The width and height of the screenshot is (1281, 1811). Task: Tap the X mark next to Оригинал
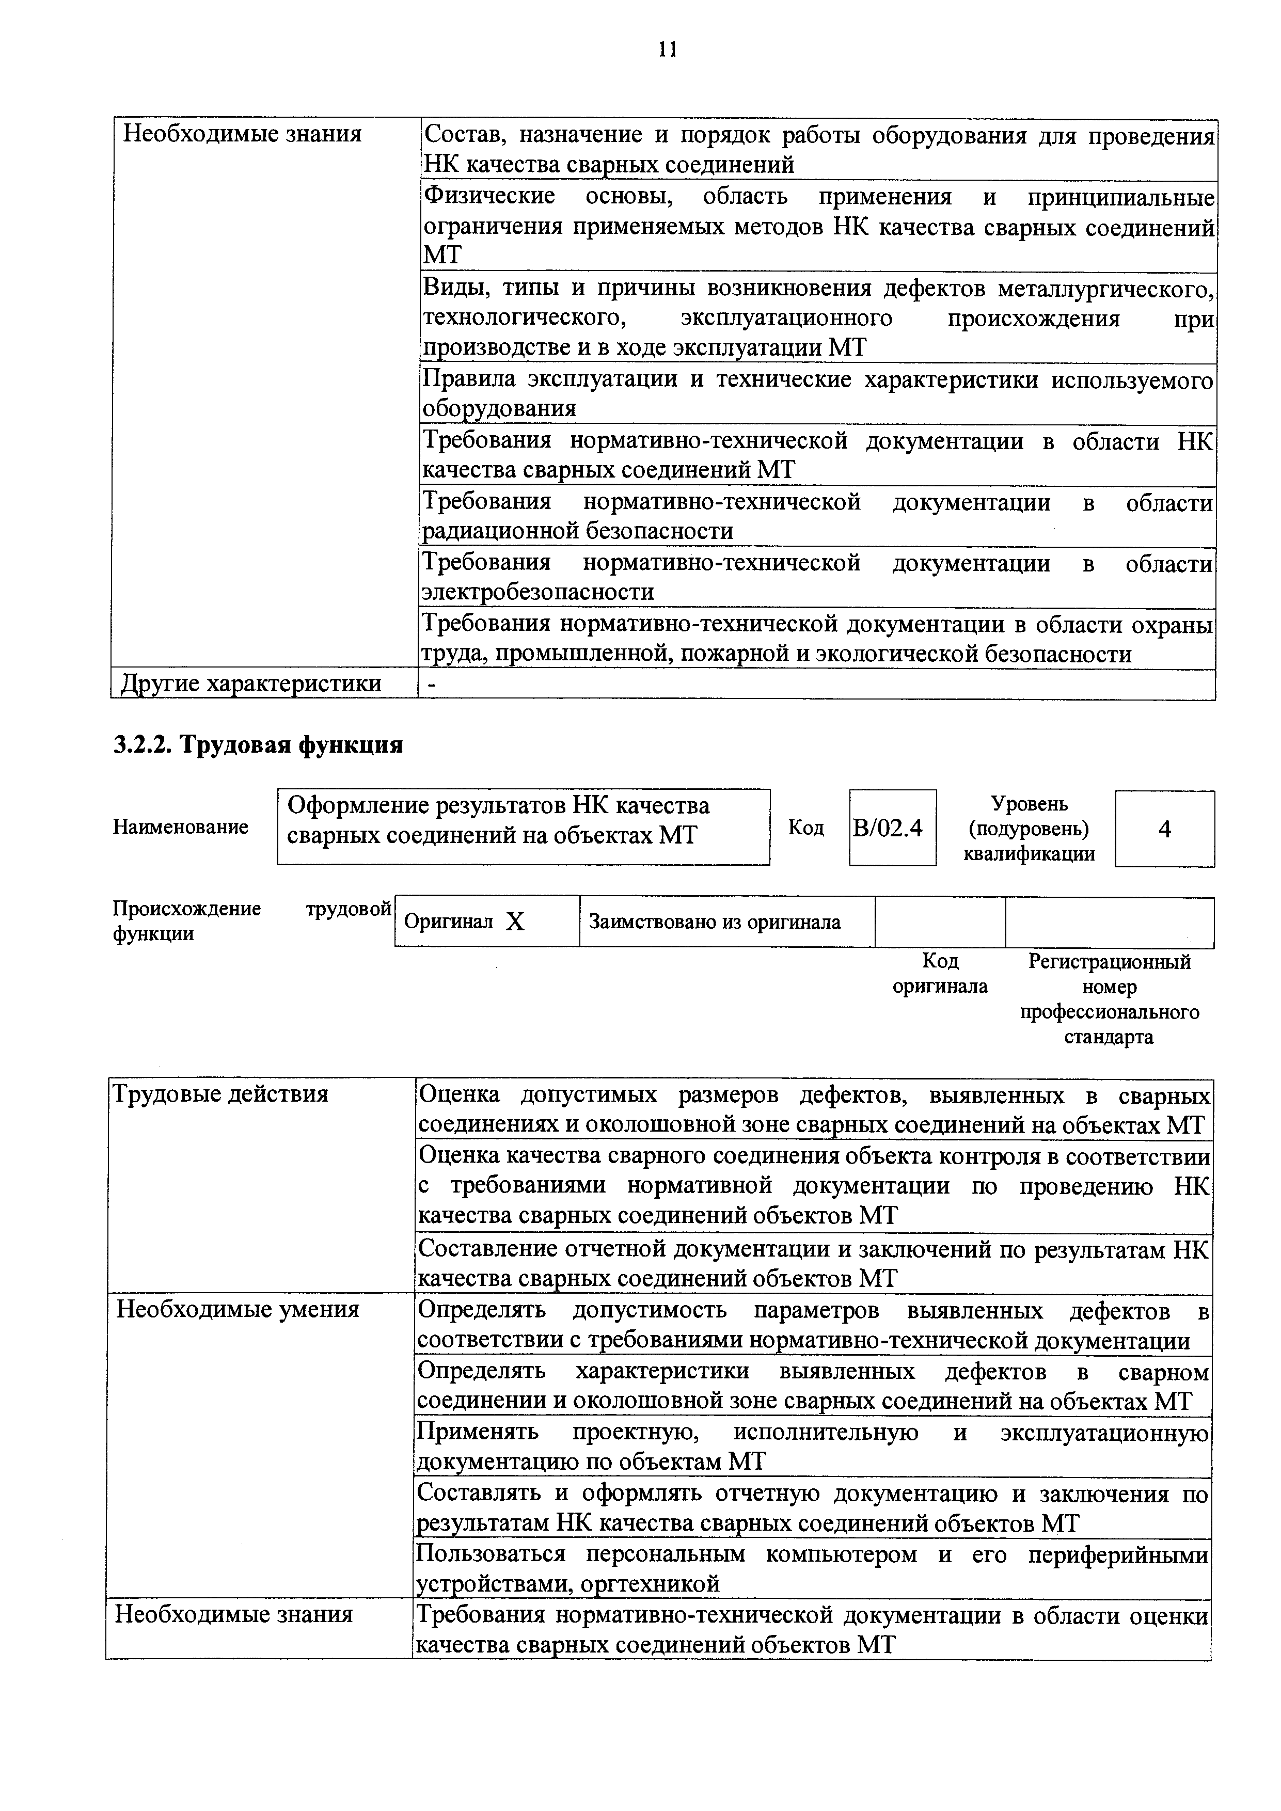(515, 922)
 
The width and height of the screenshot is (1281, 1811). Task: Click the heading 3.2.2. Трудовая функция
(258, 744)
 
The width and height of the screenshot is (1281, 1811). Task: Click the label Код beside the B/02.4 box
(806, 828)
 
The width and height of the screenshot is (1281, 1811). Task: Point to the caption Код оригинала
(940, 973)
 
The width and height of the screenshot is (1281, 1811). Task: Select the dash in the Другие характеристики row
(431, 684)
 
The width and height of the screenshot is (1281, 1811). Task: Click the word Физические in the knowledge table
(489, 196)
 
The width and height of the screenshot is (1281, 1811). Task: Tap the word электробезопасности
(539, 592)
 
